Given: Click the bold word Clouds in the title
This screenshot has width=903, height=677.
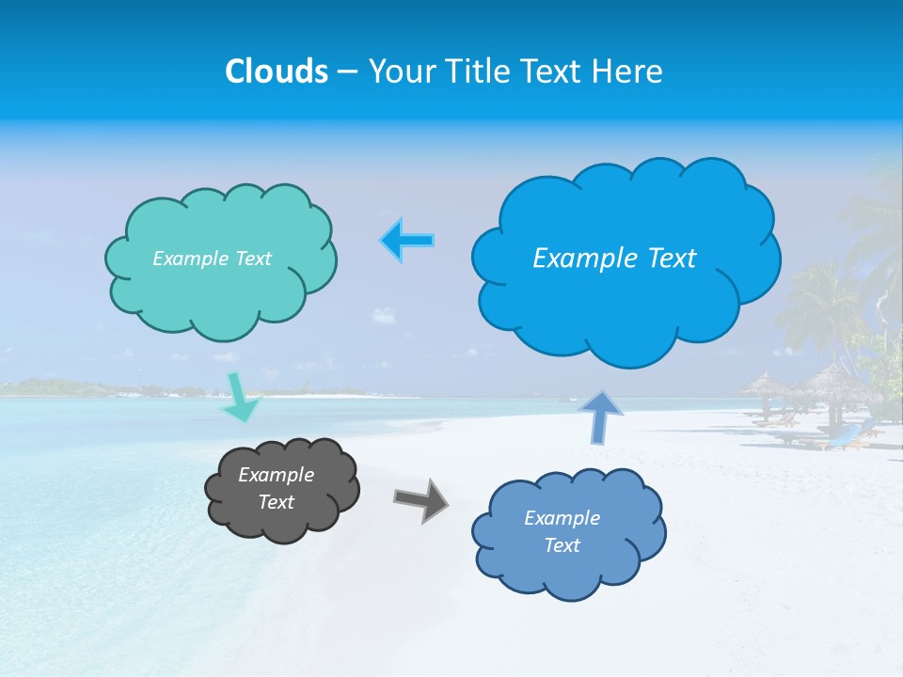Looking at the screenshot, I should tap(277, 71).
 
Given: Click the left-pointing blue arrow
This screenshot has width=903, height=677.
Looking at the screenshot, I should tap(407, 241).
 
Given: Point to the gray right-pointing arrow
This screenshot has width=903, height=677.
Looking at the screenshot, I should tap(421, 498).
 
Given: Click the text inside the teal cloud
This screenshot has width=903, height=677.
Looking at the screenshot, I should tap(212, 259).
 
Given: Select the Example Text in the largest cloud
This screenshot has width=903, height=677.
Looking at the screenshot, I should tap(614, 259).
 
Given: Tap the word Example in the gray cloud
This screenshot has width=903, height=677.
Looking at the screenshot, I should tap(276, 475).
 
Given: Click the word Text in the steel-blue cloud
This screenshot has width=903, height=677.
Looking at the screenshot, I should tap(562, 545).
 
